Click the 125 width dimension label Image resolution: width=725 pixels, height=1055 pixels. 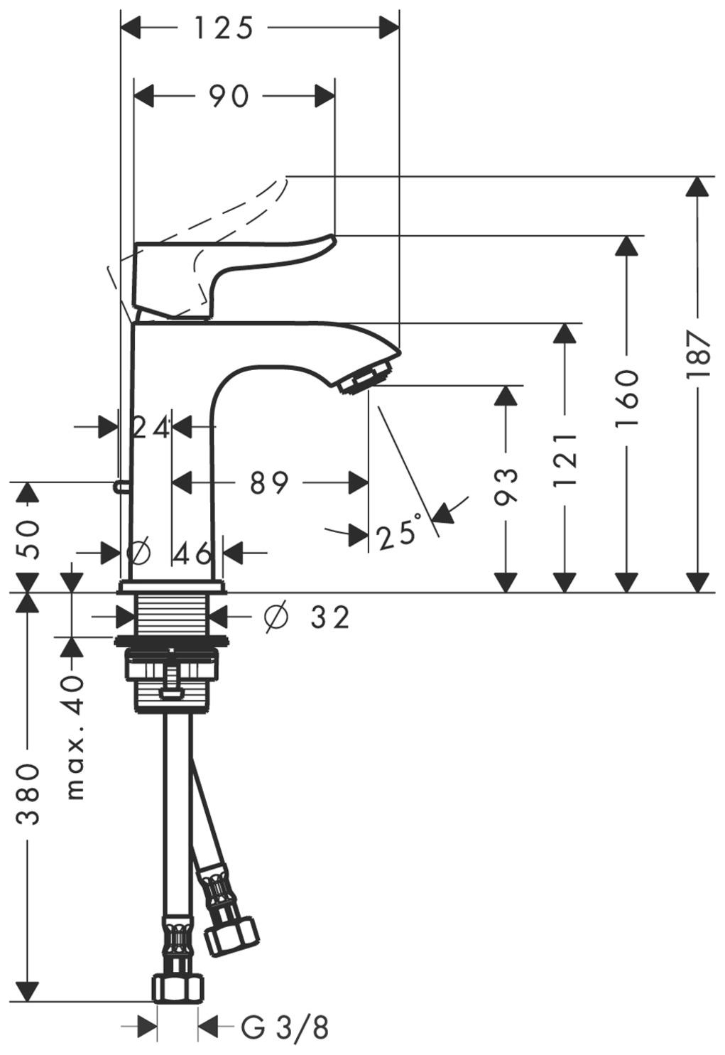224,28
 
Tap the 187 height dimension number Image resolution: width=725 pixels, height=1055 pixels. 699,355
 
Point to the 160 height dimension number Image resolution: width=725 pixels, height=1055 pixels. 626,399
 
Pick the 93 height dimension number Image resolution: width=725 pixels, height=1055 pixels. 506,486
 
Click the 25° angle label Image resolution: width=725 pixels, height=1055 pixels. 398,532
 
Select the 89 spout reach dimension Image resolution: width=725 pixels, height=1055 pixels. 269,483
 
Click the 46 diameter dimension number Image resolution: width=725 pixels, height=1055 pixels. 193,553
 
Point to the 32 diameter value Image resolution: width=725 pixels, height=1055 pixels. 331,617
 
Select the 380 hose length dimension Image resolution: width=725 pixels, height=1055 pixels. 28,794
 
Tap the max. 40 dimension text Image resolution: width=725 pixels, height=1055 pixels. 74,739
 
